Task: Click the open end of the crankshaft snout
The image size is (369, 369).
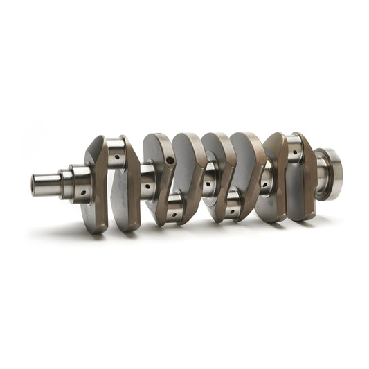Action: [35, 185]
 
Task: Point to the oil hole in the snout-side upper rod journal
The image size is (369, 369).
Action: [118, 157]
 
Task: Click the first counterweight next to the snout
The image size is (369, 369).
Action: [95, 183]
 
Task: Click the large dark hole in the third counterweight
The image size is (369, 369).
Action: [170, 161]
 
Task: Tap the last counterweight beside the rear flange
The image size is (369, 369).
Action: [303, 177]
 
